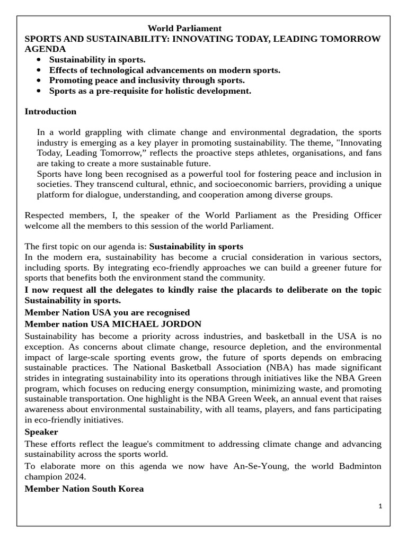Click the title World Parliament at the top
click(184, 28)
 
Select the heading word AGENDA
click(45, 49)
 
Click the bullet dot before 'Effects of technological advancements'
click(39, 70)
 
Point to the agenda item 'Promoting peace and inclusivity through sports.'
click(147, 80)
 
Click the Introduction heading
click(50, 112)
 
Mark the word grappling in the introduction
click(104, 132)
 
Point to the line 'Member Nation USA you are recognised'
click(107, 312)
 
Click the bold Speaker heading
click(41, 432)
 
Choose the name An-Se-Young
click(256, 465)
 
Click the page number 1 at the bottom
click(380, 506)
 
